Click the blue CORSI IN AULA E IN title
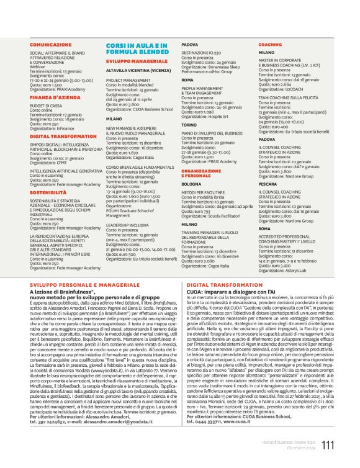(x=136, y=47)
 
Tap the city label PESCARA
(x=268, y=184)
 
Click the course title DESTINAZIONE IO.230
(x=203, y=54)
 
